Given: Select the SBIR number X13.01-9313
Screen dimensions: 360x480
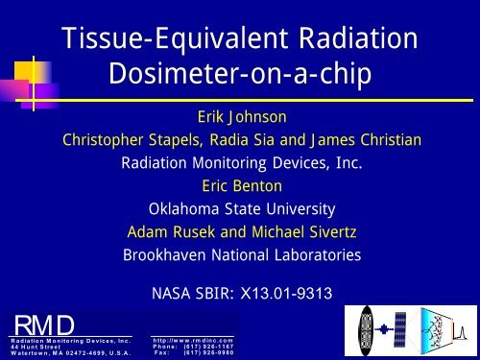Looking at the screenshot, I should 294,285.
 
